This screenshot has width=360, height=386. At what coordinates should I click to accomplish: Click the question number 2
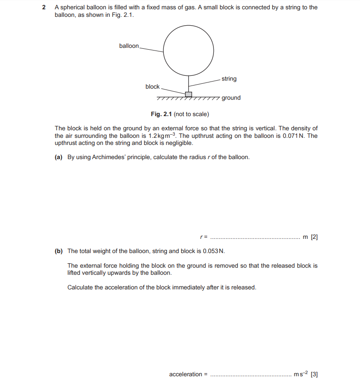(x=44, y=8)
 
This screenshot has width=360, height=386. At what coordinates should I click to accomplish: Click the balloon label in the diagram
(x=128, y=46)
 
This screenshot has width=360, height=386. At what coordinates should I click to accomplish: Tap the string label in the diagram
(x=229, y=79)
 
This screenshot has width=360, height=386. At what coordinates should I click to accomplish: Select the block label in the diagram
(x=152, y=86)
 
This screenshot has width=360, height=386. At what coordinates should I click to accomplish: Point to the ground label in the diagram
(x=231, y=98)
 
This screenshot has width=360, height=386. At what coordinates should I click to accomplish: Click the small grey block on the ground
(x=189, y=94)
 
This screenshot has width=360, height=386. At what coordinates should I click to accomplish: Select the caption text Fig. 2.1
(x=161, y=114)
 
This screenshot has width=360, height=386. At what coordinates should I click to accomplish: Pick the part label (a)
(x=58, y=157)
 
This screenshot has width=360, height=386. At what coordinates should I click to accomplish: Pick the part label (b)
(x=58, y=251)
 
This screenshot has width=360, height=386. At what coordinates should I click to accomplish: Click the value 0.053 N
(x=213, y=251)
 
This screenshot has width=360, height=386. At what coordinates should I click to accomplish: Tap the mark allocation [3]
(x=314, y=374)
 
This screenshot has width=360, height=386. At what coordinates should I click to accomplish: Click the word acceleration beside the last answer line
(x=186, y=374)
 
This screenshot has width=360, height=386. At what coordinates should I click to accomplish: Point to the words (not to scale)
(x=191, y=114)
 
